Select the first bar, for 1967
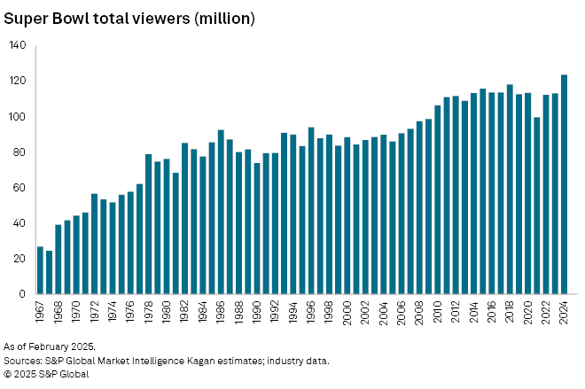[40, 270]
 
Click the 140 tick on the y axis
[17, 45]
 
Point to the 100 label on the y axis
[17, 117]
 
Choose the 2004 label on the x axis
[384, 312]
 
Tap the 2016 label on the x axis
[490, 312]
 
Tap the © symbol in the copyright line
[8, 375]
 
